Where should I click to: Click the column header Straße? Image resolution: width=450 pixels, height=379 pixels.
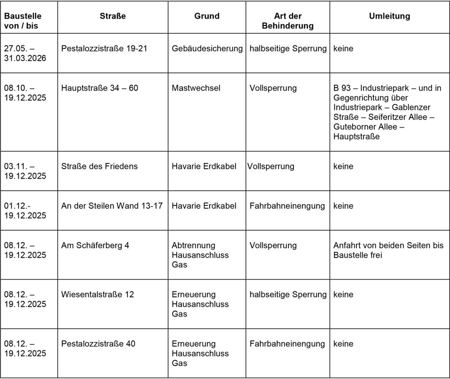tap(113, 16)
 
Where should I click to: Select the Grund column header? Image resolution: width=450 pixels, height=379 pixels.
tap(207, 16)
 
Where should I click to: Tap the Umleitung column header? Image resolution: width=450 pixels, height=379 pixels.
tap(389, 16)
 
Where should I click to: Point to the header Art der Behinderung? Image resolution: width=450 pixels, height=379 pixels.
tap(288, 21)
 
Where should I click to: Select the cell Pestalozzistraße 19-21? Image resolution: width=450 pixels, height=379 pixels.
tap(104, 49)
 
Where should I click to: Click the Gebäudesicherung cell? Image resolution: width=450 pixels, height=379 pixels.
tap(207, 49)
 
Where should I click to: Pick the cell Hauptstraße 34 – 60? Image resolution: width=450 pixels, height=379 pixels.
tap(100, 88)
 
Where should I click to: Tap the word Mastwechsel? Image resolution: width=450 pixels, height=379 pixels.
tap(196, 88)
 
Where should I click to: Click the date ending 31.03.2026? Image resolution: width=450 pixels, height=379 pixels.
tap(25, 59)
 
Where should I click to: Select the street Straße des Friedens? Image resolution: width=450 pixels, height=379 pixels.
tap(99, 166)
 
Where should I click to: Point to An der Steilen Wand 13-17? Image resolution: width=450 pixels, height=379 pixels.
tap(112, 206)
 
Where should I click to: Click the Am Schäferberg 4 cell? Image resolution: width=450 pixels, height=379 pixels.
tap(95, 245)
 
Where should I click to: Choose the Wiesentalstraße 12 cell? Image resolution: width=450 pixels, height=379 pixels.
tap(98, 294)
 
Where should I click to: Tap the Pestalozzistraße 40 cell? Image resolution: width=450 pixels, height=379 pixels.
tap(98, 344)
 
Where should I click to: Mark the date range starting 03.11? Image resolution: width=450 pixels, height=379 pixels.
tap(25, 171)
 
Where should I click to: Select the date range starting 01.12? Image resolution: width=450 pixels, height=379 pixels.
tap(25, 211)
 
